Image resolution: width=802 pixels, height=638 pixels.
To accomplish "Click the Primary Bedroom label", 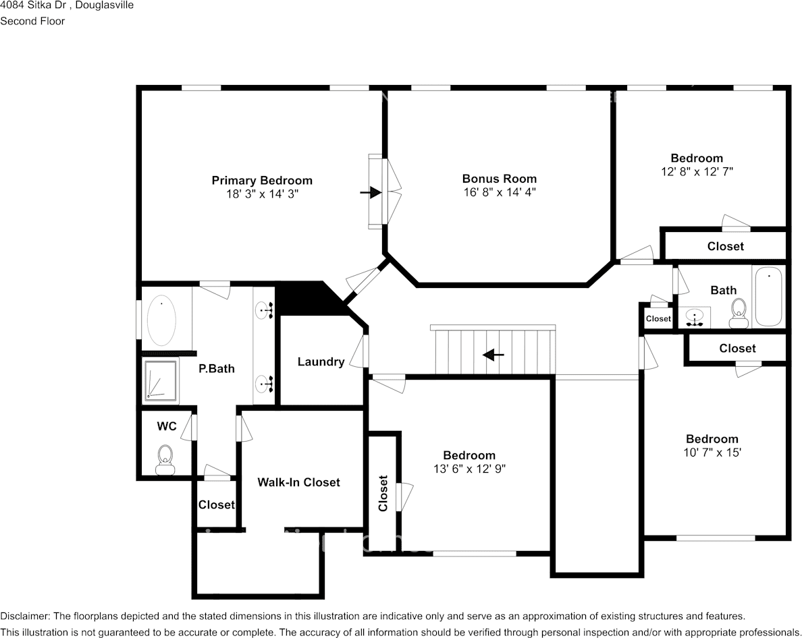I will coord(262,180).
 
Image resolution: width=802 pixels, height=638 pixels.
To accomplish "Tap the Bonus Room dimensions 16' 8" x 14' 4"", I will coord(500,192).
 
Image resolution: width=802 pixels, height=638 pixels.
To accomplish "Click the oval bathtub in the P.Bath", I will coord(162,320).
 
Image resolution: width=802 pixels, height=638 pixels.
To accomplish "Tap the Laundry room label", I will coord(321,361).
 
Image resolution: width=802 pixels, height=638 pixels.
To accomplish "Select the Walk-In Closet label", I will coord(298,482).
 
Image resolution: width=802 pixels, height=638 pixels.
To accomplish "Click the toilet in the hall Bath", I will coord(738,311).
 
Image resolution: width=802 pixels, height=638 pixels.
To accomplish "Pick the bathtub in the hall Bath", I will coord(768,297).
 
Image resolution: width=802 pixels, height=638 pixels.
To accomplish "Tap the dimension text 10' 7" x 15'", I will coord(712,453).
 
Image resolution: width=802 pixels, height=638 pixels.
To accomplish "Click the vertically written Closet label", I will coord(383,494).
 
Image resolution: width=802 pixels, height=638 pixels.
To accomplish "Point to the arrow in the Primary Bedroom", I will coord(370,193).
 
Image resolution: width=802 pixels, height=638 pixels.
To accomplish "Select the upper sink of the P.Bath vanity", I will coord(263,310).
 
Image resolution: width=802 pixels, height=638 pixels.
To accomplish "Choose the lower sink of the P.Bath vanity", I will coord(263,385).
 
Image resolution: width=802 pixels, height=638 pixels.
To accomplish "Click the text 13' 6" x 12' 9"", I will coord(469,469).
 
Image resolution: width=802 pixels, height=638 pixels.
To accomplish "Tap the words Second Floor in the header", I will coord(32,21).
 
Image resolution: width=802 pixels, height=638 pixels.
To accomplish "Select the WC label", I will coord(167,426).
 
